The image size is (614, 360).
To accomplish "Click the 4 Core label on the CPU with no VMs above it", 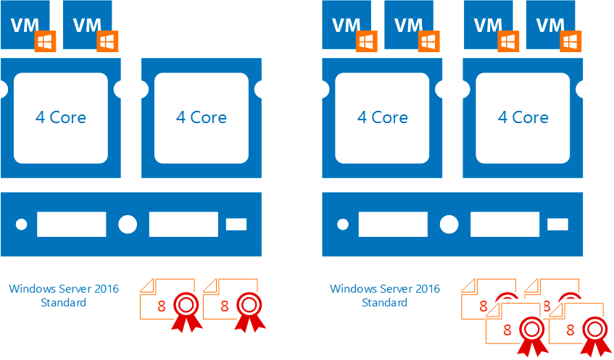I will [x=202, y=117].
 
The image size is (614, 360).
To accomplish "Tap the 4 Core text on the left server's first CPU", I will [x=61, y=117].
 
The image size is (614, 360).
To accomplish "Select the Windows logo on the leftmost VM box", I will [x=45, y=41].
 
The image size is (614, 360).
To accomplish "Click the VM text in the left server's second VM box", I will [x=88, y=24].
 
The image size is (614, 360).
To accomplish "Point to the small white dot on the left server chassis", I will [x=21, y=225].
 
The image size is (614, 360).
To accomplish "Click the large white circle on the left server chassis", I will [x=128, y=225].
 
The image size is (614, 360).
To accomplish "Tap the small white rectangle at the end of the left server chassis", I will [x=236, y=225].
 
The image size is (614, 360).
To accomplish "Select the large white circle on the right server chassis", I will [x=449, y=225].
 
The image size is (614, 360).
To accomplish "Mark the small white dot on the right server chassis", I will [x=342, y=225].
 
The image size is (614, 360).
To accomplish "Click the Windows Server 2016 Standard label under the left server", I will [x=64, y=295].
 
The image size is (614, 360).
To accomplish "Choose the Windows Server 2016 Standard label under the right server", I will [x=385, y=295].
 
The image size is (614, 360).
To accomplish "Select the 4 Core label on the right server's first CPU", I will [x=383, y=117].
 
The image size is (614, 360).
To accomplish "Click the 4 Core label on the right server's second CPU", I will [x=523, y=117].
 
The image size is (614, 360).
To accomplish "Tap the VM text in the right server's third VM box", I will [x=488, y=24].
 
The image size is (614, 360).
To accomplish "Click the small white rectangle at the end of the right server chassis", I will [x=557, y=225].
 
